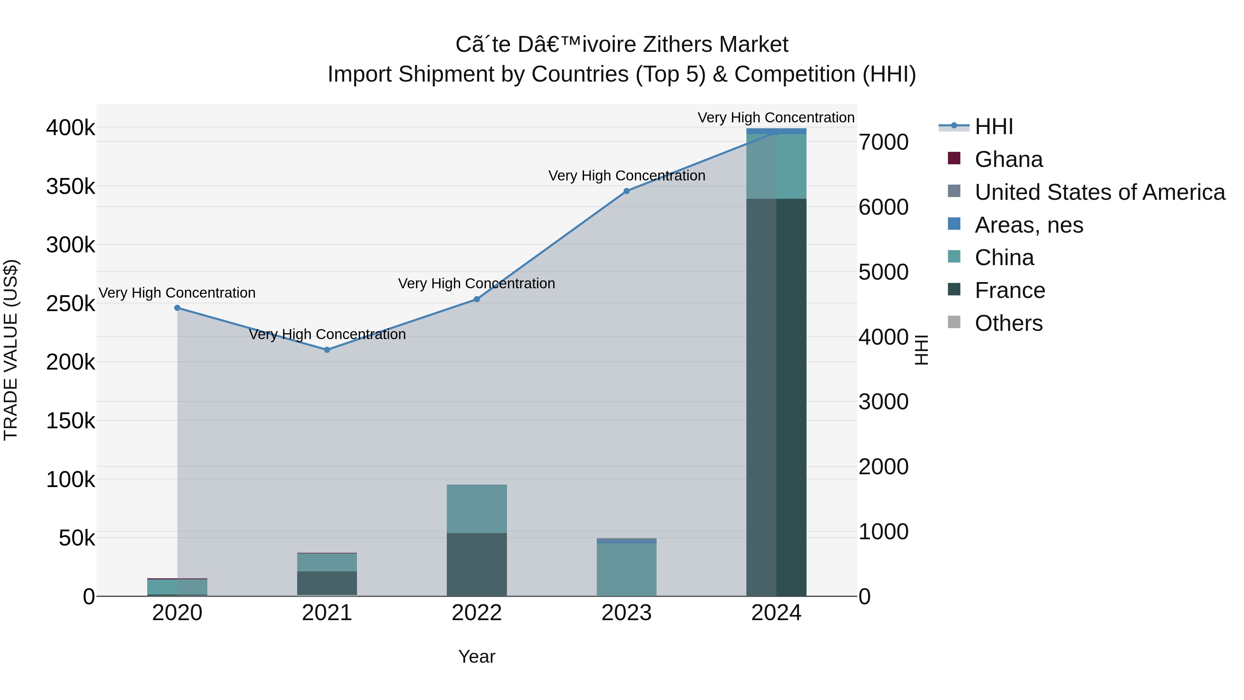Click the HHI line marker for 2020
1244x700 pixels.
[177, 308]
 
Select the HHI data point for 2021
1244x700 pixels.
[327, 350]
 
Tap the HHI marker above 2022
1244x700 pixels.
[477, 299]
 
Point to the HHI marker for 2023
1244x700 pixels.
[627, 191]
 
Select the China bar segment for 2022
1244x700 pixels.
[477, 508]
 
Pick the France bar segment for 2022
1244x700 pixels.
[477, 564]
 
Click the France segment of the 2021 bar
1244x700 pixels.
[327, 583]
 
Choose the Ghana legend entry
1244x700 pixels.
[1008, 159]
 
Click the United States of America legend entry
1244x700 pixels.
[1100, 192]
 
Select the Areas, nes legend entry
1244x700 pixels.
[1029, 225]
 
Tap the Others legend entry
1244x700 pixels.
[1008, 323]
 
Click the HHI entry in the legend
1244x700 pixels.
[993, 127]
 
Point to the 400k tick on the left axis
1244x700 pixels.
[70, 128]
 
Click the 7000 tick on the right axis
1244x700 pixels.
[883, 142]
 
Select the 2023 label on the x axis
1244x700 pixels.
[627, 613]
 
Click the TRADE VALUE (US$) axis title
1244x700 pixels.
[11, 350]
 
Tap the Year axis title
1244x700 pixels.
[477, 656]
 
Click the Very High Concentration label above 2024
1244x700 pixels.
[776, 118]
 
